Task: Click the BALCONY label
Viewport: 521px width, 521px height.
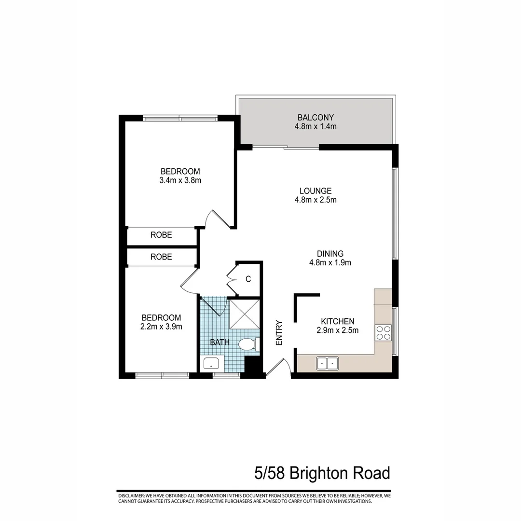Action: click(315, 117)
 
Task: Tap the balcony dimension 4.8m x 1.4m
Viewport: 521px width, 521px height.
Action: click(315, 127)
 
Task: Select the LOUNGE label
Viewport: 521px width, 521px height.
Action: click(315, 191)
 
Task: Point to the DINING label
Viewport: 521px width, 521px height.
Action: click(330, 254)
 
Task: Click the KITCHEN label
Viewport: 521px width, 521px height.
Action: click(338, 321)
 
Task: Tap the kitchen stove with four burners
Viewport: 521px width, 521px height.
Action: click(384, 332)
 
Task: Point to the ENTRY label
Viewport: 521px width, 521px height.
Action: click(278, 333)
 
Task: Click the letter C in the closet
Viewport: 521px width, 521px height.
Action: click(248, 279)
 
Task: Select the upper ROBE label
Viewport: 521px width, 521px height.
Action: click(161, 235)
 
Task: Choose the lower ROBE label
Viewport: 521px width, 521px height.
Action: click(161, 257)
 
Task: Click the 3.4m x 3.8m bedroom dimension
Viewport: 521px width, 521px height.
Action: click(180, 181)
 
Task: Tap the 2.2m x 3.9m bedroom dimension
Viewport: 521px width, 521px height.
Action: click(161, 327)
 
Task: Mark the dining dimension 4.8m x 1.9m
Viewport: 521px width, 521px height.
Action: click(330, 263)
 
